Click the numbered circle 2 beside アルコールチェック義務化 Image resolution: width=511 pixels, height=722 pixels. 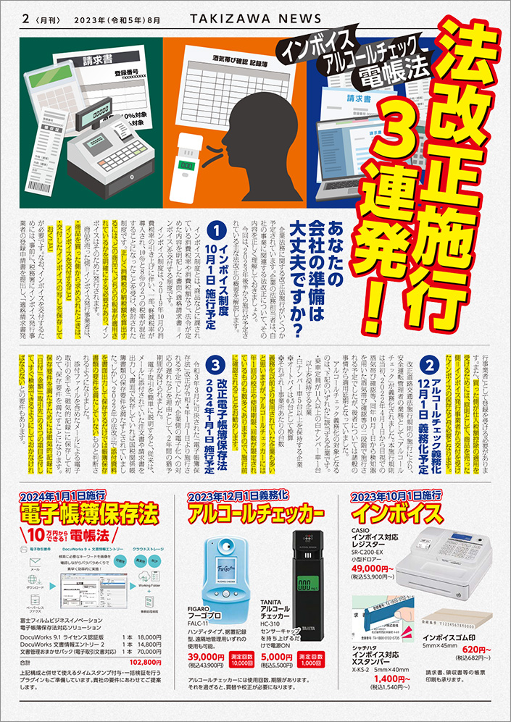(x=430, y=369)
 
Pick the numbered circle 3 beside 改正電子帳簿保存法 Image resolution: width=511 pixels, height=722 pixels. (x=214, y=362)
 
